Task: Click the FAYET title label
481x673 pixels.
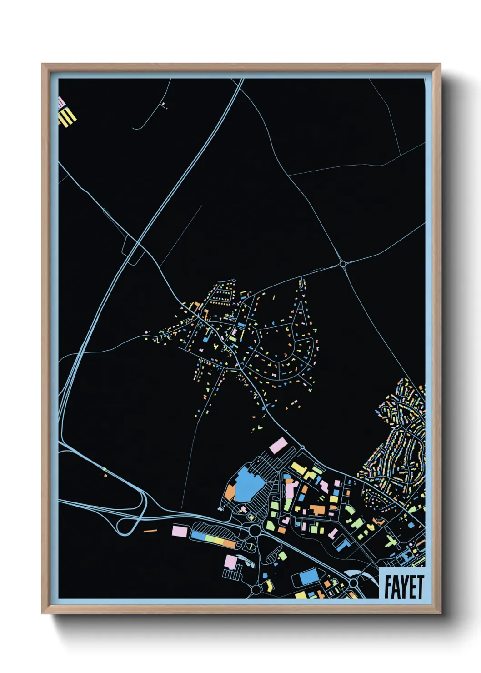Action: click(403, 586)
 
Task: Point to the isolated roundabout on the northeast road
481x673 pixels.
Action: click(342, 264)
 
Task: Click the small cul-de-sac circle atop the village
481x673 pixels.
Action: click(234, 281)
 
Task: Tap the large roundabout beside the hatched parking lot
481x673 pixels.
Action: click(255, 530)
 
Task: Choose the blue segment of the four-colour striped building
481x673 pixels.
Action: click(198, 535)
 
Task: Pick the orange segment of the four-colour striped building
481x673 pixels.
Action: click(230, 543)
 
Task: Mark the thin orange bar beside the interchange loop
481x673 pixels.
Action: click(150, 531)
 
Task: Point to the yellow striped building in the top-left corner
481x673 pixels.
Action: click(68, 116)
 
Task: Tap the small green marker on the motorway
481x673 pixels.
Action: click(104, 469)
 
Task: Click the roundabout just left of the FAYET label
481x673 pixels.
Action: click(353, 583)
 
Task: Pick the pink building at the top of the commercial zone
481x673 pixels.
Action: click(278, 445)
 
